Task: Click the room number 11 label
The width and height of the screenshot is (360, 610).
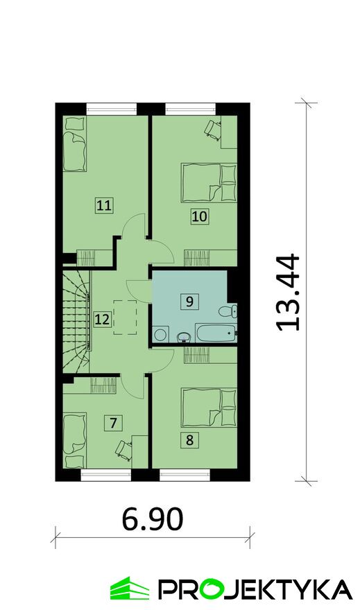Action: tap(104, 204)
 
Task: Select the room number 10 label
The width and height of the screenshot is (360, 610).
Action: tap(199, 216)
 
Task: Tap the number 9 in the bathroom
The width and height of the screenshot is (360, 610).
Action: tap(189, 302)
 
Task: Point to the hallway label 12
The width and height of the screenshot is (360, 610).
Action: tap(103, 320)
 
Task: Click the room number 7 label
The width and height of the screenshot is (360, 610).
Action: tap(113, 422)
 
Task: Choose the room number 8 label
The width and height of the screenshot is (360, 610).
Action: tap(189, 440)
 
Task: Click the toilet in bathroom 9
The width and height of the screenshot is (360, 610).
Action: tap(228, 312)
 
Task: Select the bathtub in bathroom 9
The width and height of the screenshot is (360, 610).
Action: tap(216, 333)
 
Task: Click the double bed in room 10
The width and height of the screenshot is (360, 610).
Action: tap(209, 183)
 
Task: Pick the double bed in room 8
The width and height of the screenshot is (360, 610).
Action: tap(209, 408)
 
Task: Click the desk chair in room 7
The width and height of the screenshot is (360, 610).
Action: tap(123, 451)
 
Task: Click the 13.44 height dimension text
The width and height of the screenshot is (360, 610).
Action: tap(289, 293)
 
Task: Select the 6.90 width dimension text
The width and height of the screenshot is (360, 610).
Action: tap(152, 520)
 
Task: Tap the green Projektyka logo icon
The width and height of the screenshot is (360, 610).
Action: tap(129, 589)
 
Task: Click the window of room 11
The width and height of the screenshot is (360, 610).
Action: tap(112, 109)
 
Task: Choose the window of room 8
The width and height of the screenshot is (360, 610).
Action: tap(185, 475)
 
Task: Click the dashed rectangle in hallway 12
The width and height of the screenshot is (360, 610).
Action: tap(125, 317)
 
